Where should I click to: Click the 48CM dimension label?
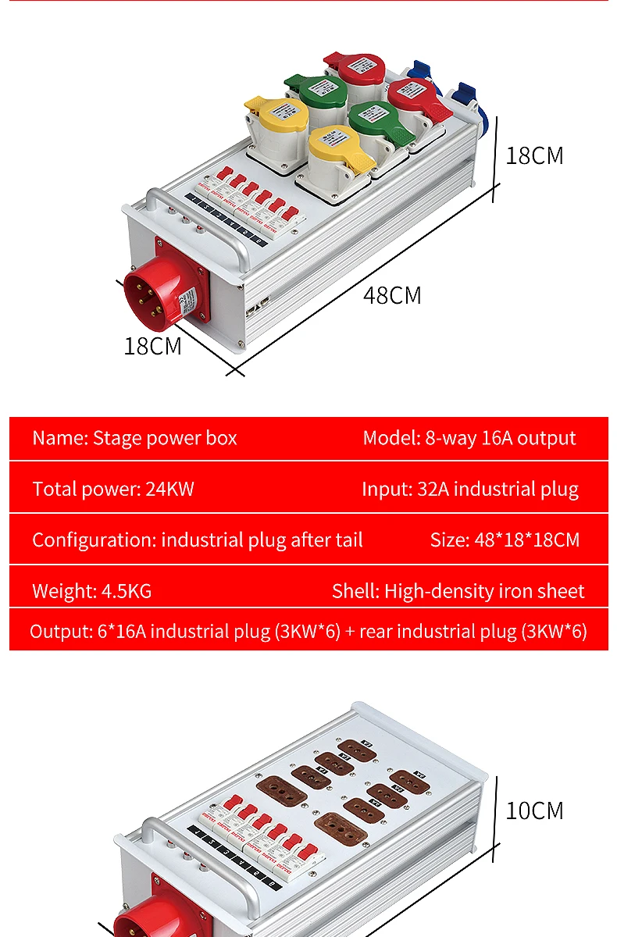(392, 296)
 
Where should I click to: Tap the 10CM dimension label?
(534, 811)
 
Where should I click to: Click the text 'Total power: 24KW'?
(113, 490)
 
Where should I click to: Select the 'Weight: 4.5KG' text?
(92, 591)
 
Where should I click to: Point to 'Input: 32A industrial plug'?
(470, 490)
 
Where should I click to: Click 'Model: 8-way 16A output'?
(469, 438)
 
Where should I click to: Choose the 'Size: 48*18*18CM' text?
(505, 540)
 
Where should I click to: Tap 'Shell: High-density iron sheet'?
(458, 591)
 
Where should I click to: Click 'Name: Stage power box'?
(134, 438)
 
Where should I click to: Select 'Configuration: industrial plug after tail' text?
(198, 540)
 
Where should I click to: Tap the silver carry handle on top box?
(195, 226)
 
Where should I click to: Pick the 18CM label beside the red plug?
(152, 345)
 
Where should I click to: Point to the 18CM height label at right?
(534, 155)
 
